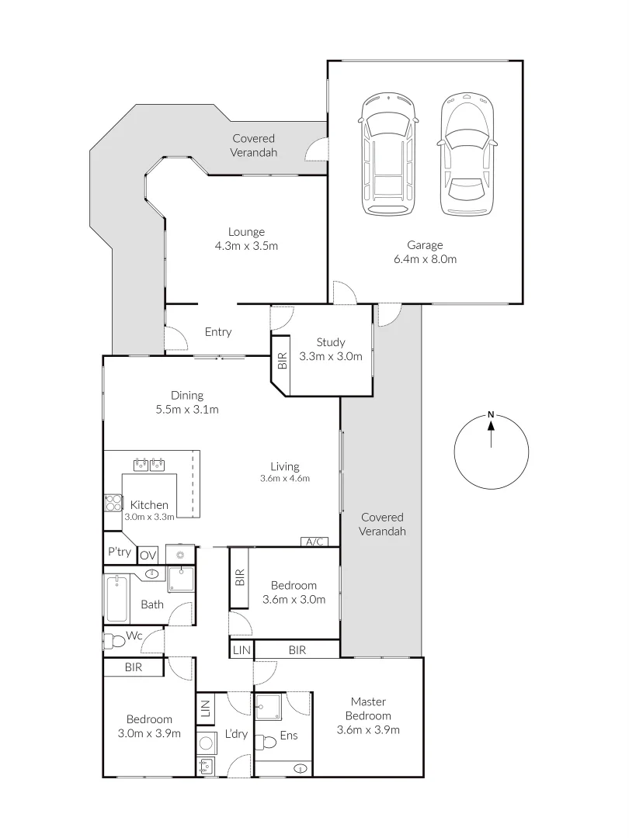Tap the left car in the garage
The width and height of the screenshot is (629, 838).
[387, 155]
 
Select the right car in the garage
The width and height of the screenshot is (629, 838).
[466, 155]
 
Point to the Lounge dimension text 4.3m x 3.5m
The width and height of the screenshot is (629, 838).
[246, 246]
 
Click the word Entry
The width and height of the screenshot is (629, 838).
[218, 332]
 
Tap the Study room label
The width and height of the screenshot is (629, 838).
[331, 342]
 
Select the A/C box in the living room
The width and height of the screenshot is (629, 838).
[314, 542]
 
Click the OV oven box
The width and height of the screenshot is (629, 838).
[148, 556]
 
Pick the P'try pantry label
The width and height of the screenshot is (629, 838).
[119, 552]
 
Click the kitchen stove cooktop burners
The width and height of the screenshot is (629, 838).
[113, 503]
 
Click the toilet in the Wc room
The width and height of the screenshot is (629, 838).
[115, 641]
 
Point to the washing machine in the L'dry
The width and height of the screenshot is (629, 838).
[207, 743]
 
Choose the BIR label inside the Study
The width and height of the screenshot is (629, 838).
[281, 360]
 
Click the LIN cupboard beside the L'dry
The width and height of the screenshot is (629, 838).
[206, 708]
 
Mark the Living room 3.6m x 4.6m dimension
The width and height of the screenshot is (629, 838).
[284, 479]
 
